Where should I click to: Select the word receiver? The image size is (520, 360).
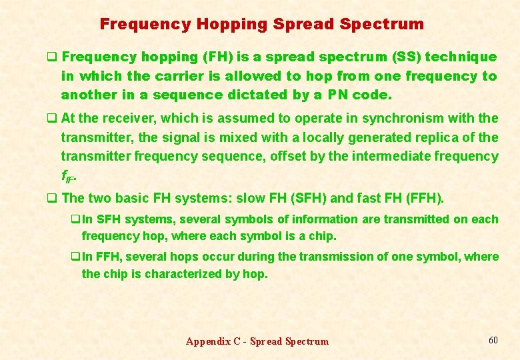[x=121, y=119]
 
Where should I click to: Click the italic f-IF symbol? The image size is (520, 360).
[x=67, y=177]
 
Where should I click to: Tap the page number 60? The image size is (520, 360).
[x=493, y=340]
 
